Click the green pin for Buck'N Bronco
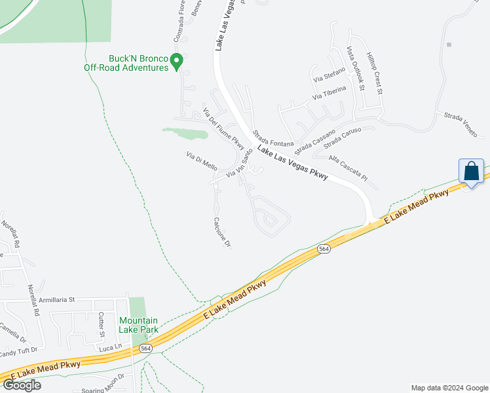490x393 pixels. tap(176, 62)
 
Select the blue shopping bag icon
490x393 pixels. tap(471, 172)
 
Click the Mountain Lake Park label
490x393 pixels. tap(138, 325)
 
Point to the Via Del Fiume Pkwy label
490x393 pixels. tap(223, 128)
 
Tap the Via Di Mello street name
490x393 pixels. tap(201, 160)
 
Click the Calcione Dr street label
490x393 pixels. tap(223, 233)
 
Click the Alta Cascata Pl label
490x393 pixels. tap(348, 168)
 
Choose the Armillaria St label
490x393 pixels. tap(57, 299)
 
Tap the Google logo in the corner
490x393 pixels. tap(22, 385)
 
